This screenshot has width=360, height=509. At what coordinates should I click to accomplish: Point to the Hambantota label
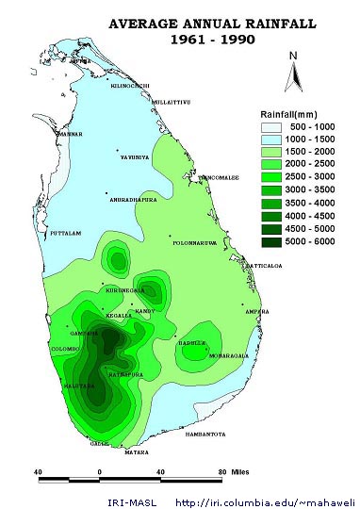coord(205,434)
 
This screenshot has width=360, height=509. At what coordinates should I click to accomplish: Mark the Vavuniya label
coord(132,156)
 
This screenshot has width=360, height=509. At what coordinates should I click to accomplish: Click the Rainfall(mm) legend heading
coord(293,113)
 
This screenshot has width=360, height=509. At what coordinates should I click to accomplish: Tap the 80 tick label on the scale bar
coord(222,471)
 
